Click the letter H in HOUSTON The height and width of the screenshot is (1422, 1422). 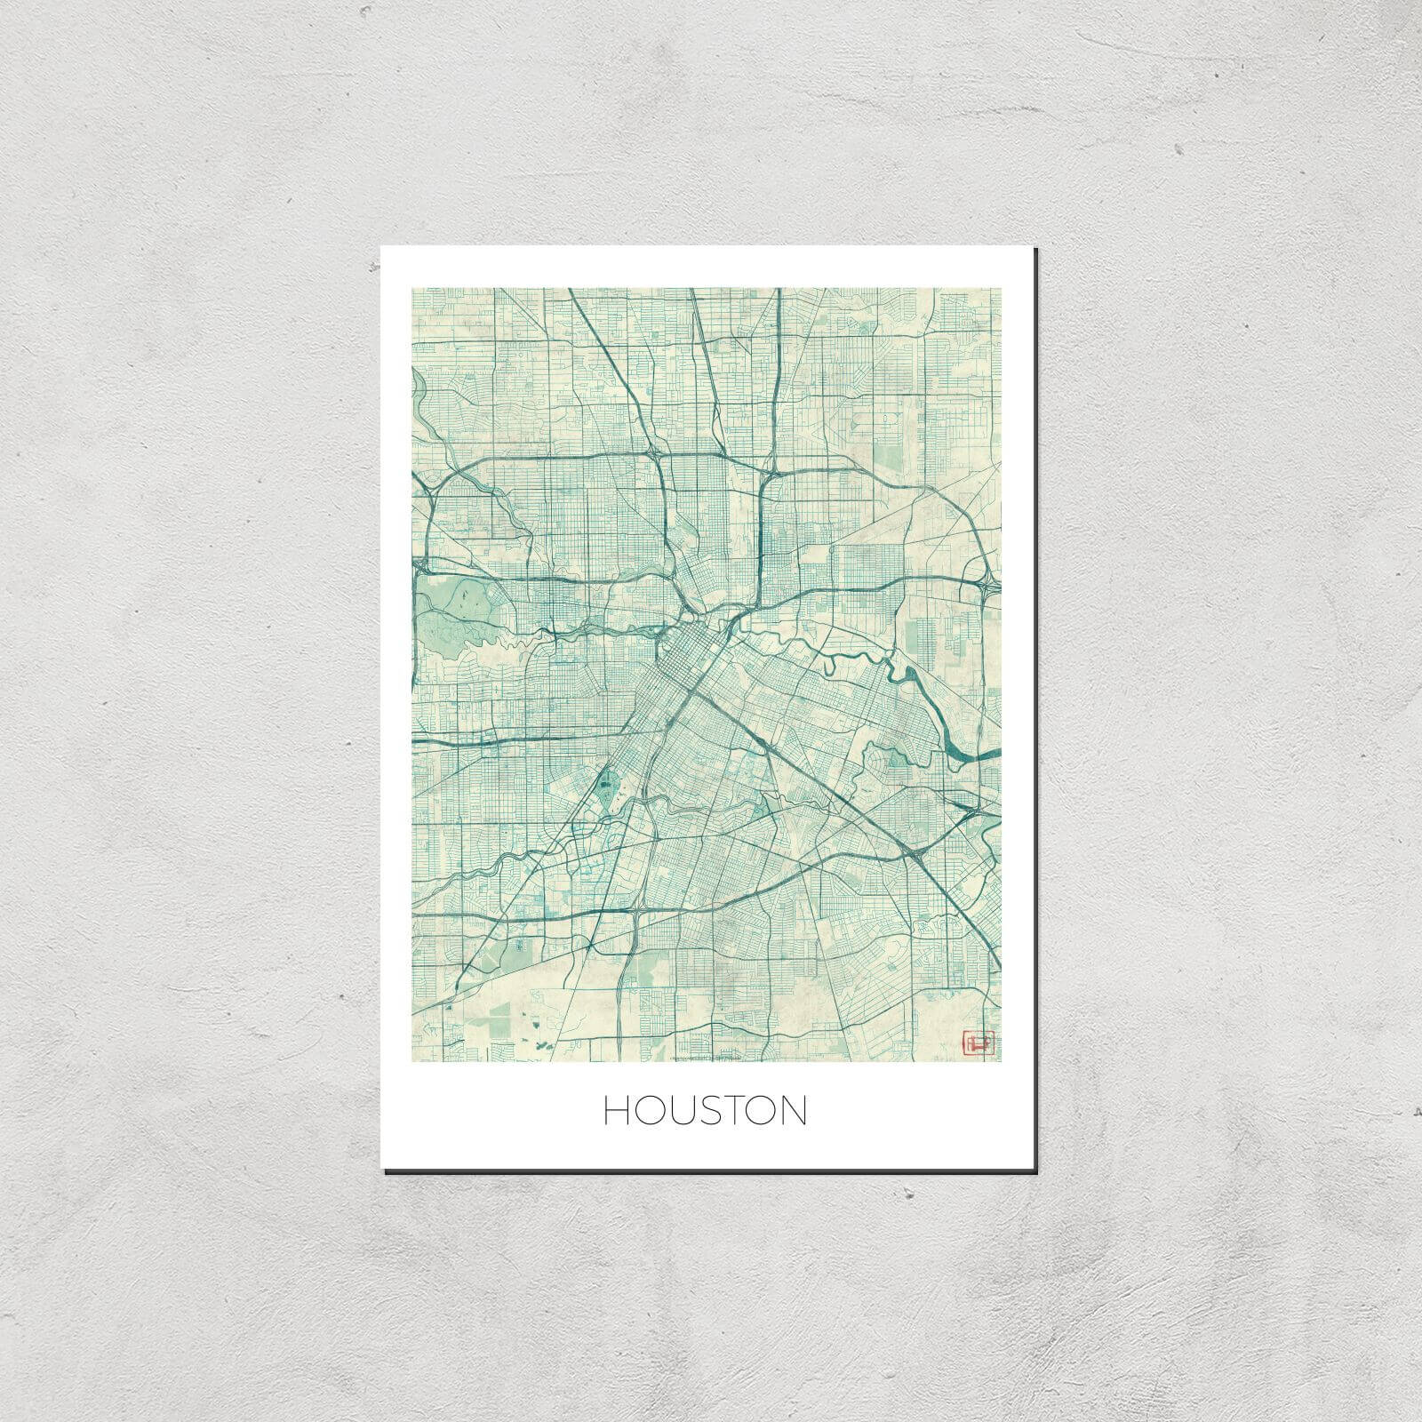[616, 1111]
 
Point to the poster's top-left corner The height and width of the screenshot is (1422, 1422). [381, 246]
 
